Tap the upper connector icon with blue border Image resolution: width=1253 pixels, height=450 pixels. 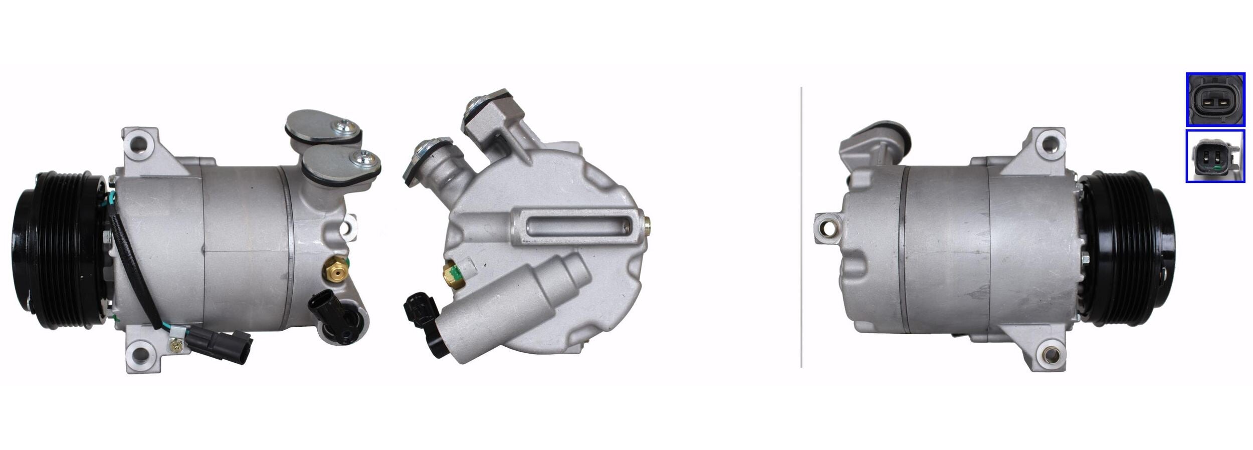1215,99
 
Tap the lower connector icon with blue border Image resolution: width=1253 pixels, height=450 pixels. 1215,156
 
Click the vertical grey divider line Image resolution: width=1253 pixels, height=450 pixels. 801,226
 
